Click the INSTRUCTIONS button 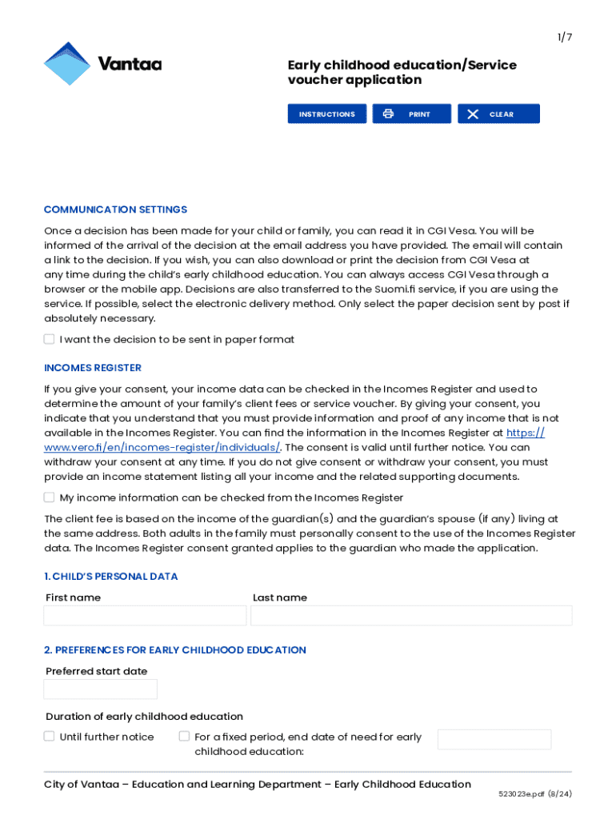click(326, 114)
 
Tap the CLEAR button click(498, 114)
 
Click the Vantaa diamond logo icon click(67, 64)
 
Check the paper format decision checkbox click(50, 339)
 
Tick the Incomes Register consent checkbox click(50, 497)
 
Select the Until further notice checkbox click(50, 737)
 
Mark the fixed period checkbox click(184, 737)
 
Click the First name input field click(145, 615)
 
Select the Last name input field click(411, 615)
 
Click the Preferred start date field click(100, 689)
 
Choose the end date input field click(494, 739)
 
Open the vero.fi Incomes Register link click(161, 447)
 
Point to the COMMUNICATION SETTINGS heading click(115, 210)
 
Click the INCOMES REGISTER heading click(93, 368)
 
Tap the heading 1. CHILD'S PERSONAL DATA click(111, 577)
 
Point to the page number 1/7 click(565, 37)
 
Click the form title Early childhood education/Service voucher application click(402, 72)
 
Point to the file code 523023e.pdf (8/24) click(534, 794)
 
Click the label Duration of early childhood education click(144, 717)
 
